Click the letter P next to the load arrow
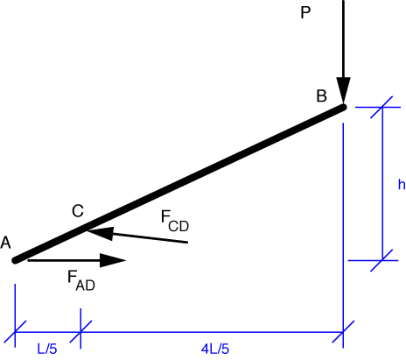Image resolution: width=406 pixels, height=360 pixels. point(305,13)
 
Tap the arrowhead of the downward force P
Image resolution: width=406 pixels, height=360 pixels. point(343,90)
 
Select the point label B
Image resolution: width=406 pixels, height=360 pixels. point(321,96)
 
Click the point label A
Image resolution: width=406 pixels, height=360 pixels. point(5,243)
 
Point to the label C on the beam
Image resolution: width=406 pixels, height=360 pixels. point(78,211)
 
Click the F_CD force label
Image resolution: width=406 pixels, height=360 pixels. point(175,221)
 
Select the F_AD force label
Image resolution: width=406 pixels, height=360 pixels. point(81,280)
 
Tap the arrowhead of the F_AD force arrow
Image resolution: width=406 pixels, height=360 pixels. point(113,260)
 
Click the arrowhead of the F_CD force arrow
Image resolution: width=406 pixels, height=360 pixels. point(100,233)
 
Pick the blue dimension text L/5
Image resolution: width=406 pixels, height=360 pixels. point(47,349)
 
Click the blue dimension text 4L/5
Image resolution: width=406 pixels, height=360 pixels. point(215,349)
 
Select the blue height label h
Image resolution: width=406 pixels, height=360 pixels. point(402,185)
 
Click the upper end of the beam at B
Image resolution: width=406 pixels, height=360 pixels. point(344,107)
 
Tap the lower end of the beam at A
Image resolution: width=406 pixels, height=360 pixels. point(15,260)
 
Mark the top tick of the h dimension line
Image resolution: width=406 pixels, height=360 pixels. point(381,107)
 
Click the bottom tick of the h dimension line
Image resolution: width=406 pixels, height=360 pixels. point(381,260)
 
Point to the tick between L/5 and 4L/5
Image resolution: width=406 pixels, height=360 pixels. point(80,332)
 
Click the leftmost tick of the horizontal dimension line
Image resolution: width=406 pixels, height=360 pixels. point(15,332)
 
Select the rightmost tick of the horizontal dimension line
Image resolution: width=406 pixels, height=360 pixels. point(343,332)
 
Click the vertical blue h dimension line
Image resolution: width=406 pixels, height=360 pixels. point(382,184)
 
